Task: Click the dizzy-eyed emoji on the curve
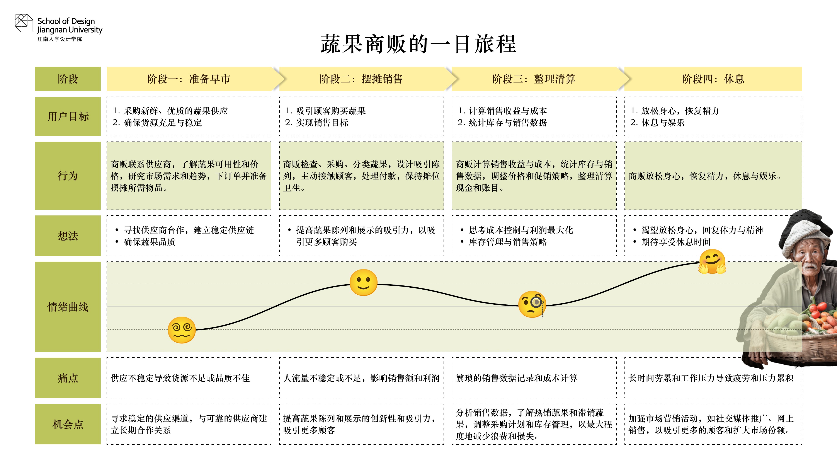tap(182, 330)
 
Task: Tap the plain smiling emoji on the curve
tap(363, 282)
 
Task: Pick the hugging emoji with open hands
tap(713, 262)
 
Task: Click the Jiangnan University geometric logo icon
tap(24, 23)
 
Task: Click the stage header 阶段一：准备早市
tap(189, 79)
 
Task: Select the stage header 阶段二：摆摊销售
tap(361, 79)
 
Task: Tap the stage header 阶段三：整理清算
tap(534, 79)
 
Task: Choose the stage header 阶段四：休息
tap(713, 79)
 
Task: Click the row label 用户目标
tap(68, 116)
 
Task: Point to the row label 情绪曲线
tap(68, 307)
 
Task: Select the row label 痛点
tap(68, 378)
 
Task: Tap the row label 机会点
tap(68, 424)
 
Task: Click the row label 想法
tap(68, 236)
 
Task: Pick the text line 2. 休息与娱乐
tap(657, 123)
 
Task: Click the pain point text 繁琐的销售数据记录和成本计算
tap(517, 378)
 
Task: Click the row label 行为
tap(68, 176)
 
